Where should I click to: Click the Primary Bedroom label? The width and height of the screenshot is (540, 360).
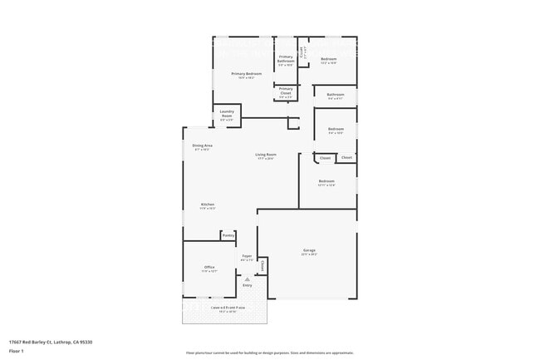click(x=246, y=74)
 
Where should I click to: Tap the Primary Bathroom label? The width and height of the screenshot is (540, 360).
click(x=286, y=60)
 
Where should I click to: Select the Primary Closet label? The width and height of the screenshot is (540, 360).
click(x=285, y=89)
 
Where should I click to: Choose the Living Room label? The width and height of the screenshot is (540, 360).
click(x=266, y=155)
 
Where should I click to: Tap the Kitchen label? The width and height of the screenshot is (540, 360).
click(x=208, y=205)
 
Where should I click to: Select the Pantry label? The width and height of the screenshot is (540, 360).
click(x=228, y=235)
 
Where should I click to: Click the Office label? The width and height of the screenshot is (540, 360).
click(x=209, y=267)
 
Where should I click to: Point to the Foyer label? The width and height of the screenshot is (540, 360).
click(x=247, y=256)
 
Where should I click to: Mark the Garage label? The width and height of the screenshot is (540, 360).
click(x=308, y=250)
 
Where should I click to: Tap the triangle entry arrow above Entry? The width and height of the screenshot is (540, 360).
click(x=247, y=279)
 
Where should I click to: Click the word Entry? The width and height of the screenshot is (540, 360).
click(x=247, y=285)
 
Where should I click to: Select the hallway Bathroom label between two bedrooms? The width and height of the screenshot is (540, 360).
click(x=336, y=95)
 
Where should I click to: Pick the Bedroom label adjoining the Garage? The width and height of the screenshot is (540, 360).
click(x=326, y=181)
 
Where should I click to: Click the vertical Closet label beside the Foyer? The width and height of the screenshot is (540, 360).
click(x=263, y=266)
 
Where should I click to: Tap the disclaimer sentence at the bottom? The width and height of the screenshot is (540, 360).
click(x=269, y=353)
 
